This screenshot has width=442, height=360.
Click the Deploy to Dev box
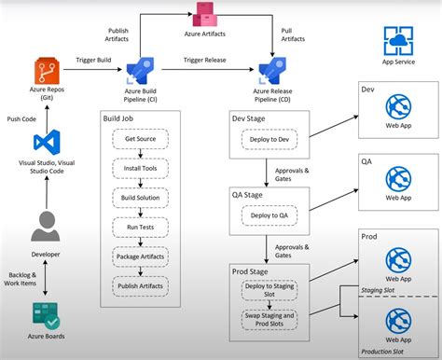pos(271,140)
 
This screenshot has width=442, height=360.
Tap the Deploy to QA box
pos(271,215)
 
